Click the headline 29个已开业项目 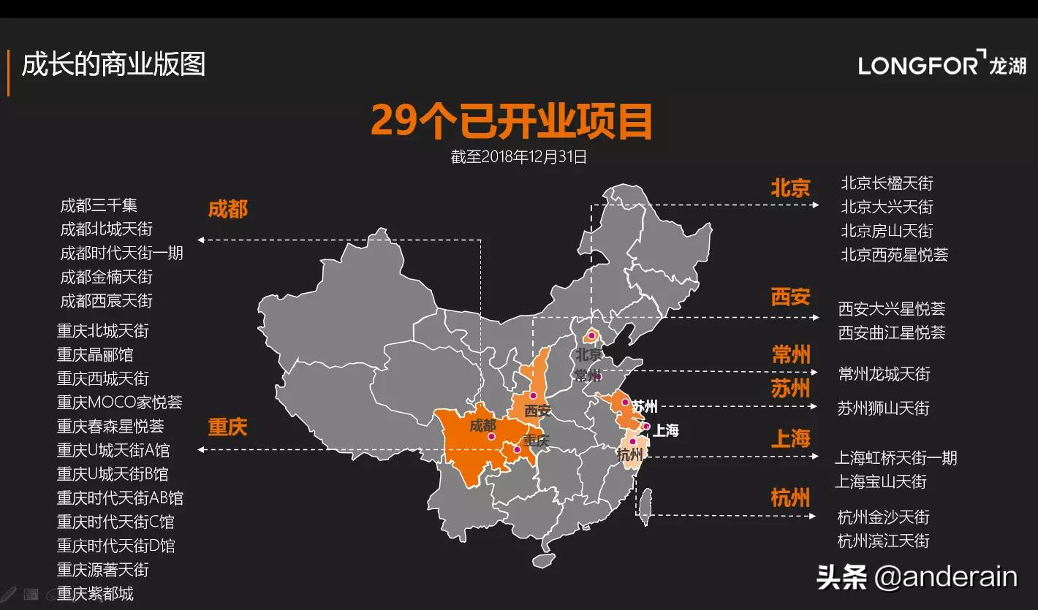coord(511,121)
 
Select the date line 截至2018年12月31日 coord(518,156)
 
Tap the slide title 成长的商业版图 coord(113,64)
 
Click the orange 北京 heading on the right coord(790,188)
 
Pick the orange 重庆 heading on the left coord(227,427)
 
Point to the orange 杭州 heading coord(790,498)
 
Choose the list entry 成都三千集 coord(99,205)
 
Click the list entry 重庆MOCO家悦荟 coord(120,402)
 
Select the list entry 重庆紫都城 coord(96,593)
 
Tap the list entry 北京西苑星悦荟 coord(894,255)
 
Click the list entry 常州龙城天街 coord(884,374)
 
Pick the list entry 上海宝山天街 coord(881,481)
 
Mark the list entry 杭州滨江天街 coord(883,541)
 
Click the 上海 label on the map coord(665,430)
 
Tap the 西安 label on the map coord(537,411)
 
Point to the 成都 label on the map coord(482,425)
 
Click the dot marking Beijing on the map coord(591,337)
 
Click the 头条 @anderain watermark coord(917,577)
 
